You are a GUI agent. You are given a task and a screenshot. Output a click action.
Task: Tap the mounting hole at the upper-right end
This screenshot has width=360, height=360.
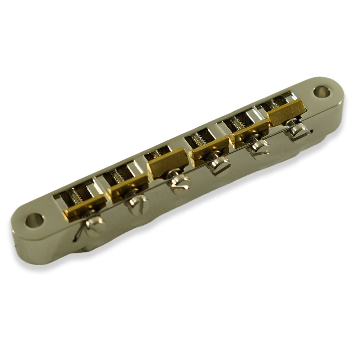pos(321,91)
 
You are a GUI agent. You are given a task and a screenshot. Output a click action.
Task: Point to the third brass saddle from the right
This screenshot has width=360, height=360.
pos(210,148)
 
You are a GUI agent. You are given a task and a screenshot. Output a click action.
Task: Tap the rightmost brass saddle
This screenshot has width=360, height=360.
pos(287,112)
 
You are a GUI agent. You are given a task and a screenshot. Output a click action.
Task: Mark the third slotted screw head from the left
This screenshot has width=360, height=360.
pos(180,183)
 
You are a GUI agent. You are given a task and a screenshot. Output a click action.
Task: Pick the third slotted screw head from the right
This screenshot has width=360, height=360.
pos(220,165)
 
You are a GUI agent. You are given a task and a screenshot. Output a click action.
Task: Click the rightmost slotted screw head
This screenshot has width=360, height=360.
pos(299,131)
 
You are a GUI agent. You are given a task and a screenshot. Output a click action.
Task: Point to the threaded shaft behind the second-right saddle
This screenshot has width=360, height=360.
pos(237,123)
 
